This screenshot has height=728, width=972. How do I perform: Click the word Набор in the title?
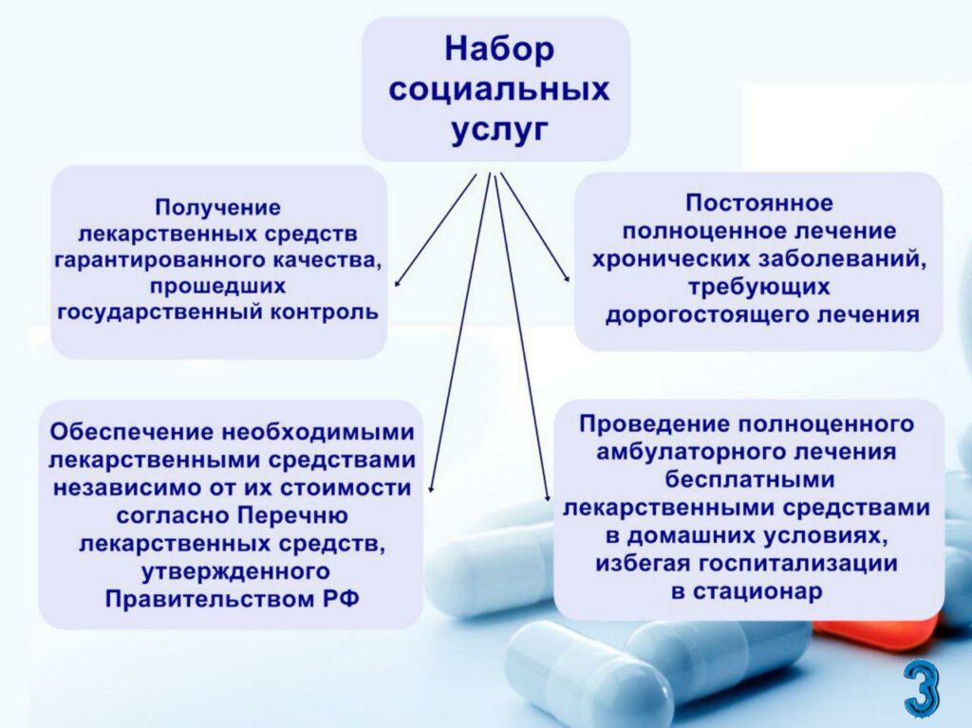(499, 49)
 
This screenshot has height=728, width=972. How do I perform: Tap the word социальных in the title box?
(499, 89)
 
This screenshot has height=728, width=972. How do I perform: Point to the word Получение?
(217, 207)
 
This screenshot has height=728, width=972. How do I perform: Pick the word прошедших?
(217, 287)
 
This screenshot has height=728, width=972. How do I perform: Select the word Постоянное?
(759, 203)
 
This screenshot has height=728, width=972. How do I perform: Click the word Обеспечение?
(131, 432)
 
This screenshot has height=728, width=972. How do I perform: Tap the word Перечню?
(293, 516)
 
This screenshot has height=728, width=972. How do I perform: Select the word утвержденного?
(235, 571)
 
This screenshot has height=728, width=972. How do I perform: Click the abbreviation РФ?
(341, 599)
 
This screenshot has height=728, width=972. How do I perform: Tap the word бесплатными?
(750, 479)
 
